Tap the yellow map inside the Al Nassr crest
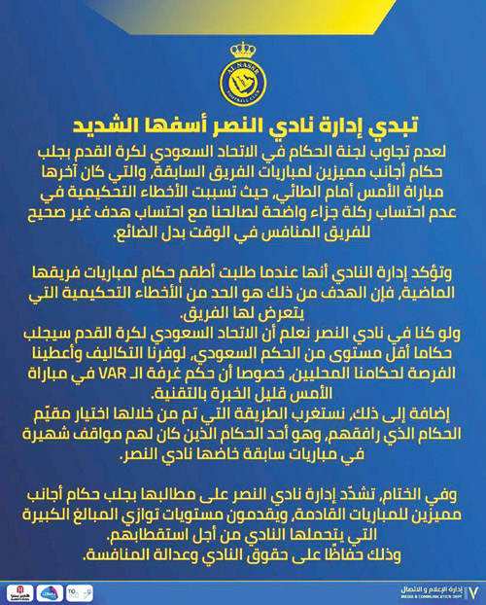[243, 86]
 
